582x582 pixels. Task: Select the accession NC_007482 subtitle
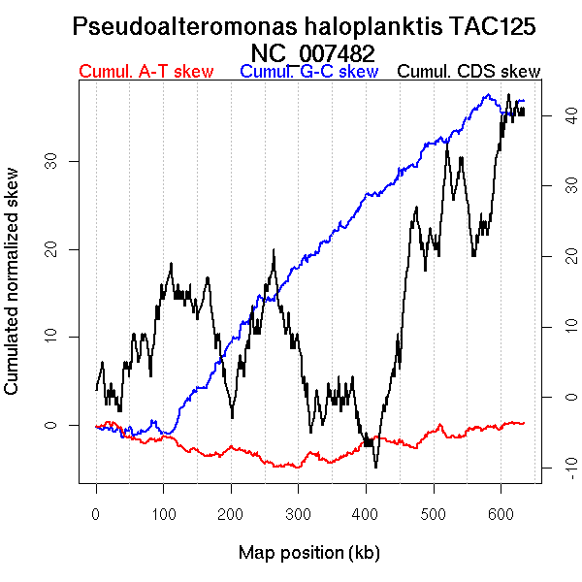(312, 52)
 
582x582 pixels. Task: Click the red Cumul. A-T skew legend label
(145, 72)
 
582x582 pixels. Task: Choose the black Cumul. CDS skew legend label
(469, 72)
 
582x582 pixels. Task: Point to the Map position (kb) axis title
(308, 553)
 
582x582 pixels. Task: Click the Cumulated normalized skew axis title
(13, 291)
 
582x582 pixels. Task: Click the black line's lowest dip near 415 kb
(375, 468)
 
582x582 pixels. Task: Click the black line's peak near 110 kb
(172, 263)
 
